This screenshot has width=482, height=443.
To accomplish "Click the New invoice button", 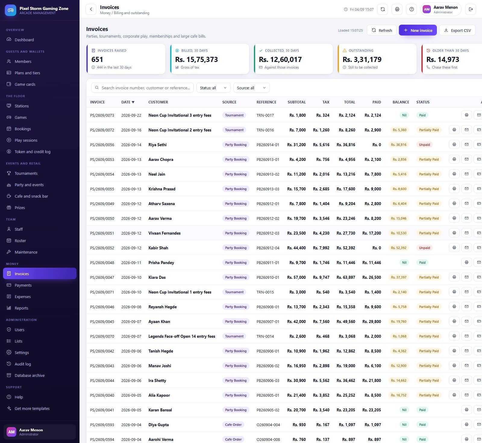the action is [x=418, y=30].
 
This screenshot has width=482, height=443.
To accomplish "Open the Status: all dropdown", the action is [x=213, y=88].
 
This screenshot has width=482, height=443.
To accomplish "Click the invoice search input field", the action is [x=142, y=88].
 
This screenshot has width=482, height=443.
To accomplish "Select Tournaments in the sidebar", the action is [x=26, y=173].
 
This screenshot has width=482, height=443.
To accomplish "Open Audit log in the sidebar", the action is [x=23, y=364].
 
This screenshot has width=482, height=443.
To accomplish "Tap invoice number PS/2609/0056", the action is [x=102, y=145].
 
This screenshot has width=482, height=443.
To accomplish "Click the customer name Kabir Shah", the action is [x=158, y=248].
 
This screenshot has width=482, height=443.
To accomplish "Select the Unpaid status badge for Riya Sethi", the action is [x=424, y=145].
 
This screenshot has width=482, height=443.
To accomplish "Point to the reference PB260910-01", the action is [x=268, y=277].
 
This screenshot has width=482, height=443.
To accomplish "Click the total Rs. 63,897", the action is [x=346, y=277].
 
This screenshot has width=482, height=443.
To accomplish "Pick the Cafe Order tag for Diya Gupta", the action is [x=233, y=425].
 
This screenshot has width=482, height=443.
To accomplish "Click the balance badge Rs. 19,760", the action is [x=399, y=321].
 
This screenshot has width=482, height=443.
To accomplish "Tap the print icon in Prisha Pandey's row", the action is [x=466, y=262].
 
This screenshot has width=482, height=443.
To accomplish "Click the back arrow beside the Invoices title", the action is [x=91, y=9].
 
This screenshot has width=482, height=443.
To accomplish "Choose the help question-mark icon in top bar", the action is [x=412, y=9].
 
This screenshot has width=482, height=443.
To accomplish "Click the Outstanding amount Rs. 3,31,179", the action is [x=362, y=60].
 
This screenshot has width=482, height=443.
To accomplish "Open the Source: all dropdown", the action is [x=252, y=88].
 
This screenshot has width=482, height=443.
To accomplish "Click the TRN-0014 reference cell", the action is [x=265, y=336].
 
